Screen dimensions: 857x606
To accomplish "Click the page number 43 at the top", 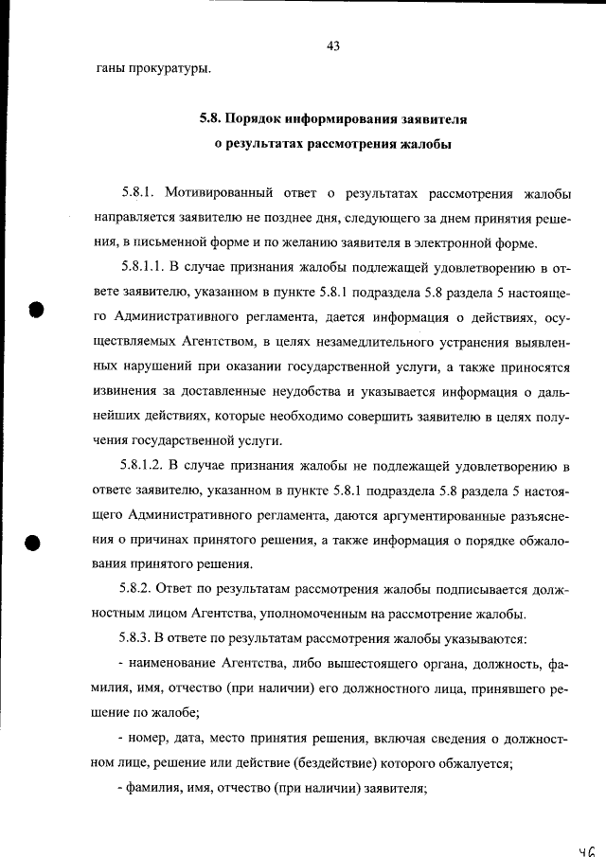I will point(332,45).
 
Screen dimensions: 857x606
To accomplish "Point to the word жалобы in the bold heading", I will point(425,145).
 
